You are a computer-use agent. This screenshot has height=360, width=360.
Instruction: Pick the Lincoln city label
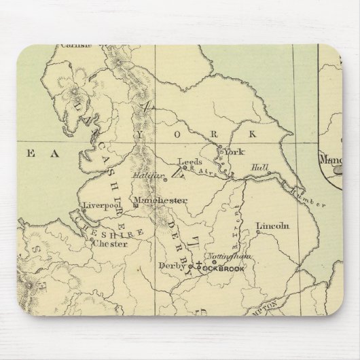[272, 226]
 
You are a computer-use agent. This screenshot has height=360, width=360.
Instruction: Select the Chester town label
[110, 242]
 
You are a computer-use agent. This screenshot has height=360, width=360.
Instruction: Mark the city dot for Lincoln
[257, 233]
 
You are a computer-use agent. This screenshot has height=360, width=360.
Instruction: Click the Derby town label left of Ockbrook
[170, 265]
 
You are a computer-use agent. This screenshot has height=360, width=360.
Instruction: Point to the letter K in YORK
[254, 134]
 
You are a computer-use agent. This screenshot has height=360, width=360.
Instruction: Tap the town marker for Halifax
[165, 181]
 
